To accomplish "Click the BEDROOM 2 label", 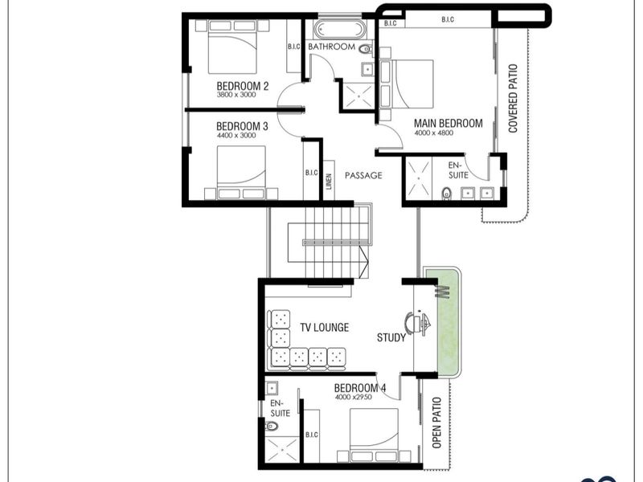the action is coord(243,86).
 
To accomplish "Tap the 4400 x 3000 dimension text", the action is coord(236,135).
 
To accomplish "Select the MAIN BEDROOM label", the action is coord(448,123).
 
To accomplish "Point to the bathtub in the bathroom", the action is coord(339,30).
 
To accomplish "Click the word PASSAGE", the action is coord(363,175).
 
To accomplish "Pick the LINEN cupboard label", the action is coord(329,182).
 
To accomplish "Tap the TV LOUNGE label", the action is coord(325,327).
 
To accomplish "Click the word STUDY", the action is coord(391,337).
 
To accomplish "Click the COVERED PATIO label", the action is coord(513,98).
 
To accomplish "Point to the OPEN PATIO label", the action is coord(437,423).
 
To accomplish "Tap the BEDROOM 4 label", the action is coord(360,388).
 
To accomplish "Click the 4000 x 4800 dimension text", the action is coord(434,133).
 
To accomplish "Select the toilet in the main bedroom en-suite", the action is coord(447,193).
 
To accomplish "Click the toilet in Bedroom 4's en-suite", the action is coord(271,427).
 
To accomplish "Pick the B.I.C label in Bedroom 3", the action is coord(311,173).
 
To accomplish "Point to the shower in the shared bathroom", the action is coord(358,96).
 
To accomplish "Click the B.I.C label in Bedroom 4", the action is coord(312,435).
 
